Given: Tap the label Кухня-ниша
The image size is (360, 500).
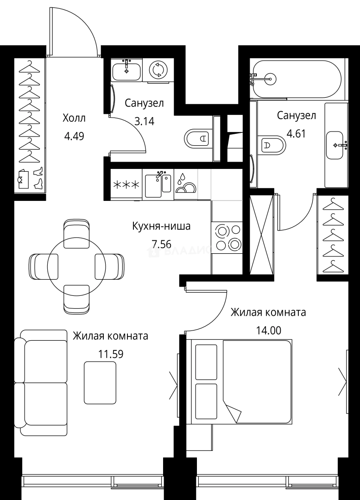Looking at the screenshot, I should (161, 227).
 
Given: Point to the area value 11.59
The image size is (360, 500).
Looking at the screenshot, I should (111, 354).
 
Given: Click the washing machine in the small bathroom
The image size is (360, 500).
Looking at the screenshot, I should (158, 70).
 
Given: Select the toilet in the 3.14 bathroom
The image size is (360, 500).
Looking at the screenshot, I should (196, 138).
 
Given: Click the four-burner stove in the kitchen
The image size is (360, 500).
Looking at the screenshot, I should (227, 237).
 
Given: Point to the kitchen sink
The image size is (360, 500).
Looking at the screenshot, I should (158, 184).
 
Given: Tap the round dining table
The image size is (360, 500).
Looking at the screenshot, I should (76, 265).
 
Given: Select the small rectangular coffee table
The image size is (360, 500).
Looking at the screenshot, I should (100, 382).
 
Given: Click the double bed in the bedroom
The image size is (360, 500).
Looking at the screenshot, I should (241, 381).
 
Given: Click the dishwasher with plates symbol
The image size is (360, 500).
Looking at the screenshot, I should (186, 185).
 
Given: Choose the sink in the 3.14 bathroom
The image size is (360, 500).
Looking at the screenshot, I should (126, 70).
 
